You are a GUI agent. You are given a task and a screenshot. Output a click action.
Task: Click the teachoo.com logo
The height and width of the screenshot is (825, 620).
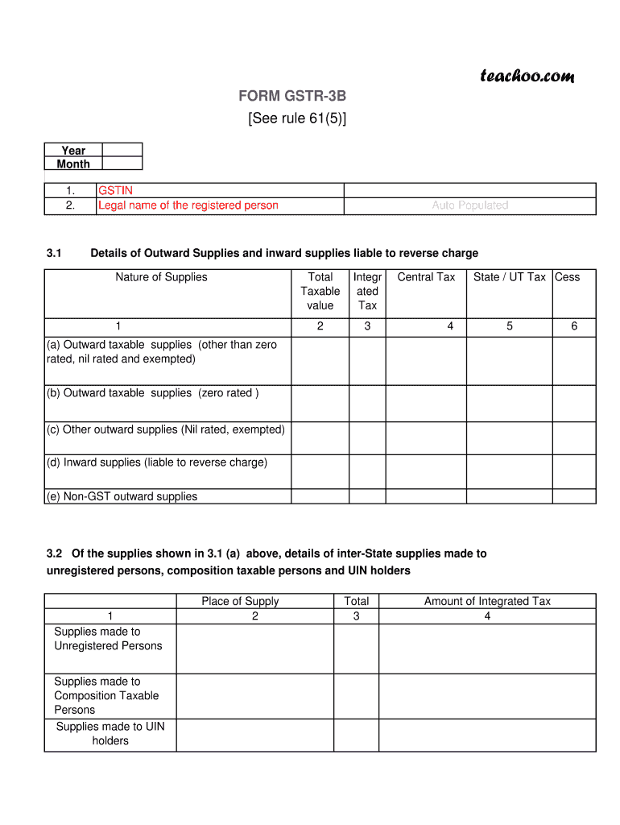pos(527,77)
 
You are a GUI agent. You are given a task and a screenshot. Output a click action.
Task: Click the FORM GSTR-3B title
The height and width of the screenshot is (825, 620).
pos(297,97)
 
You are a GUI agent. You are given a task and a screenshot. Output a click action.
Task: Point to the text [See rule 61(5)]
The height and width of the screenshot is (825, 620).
pos(297,119)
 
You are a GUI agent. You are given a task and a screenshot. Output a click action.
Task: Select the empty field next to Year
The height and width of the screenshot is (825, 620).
pos(122,150)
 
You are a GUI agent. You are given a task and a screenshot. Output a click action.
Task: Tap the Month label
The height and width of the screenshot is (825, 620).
pos(73,164)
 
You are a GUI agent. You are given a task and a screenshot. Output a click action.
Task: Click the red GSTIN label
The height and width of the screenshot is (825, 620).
pos(115,191)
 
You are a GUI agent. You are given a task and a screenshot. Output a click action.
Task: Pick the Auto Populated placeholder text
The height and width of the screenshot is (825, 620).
pos(469,205)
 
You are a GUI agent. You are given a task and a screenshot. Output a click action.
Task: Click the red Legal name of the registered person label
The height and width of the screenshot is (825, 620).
pos(188,205)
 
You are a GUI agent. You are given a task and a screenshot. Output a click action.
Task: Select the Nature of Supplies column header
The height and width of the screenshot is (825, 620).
pos(161,277)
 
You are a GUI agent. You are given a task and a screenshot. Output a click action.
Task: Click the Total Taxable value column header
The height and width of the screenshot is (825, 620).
pos(320,291)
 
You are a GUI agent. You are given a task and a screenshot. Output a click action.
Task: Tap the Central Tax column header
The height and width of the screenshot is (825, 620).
pos(426,277)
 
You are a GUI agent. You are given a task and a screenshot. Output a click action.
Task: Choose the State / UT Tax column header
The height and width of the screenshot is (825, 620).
pos(509,277)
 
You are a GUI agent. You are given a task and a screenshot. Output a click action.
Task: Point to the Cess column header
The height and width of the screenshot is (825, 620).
pos(567,277)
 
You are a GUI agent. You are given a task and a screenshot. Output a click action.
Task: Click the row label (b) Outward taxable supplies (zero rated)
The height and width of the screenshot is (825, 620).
pos(152,393)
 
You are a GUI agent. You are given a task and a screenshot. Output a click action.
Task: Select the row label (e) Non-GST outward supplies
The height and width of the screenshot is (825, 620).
pos(122,496)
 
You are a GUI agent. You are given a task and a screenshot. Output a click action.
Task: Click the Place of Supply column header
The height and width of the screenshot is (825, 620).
pos(240,601)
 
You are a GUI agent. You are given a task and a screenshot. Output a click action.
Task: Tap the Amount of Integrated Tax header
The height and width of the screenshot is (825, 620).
pos(487,601)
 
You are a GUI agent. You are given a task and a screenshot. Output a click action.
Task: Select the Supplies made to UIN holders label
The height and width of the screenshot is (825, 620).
pos(110,733)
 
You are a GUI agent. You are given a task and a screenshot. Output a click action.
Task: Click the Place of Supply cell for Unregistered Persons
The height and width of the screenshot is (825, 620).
pos(254,649)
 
